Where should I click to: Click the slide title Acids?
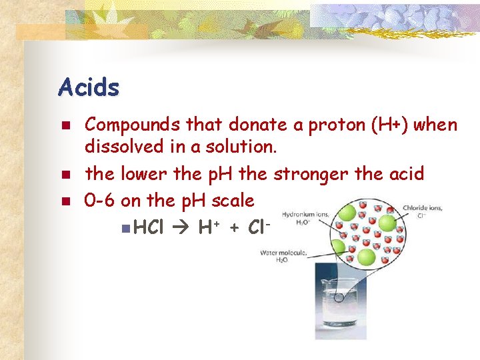pyautogui.click(x=89, y=87)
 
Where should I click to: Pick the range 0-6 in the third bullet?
pyautogui.click(x=99, y=200)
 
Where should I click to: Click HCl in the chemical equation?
pyautogui.click(x=148, y=228)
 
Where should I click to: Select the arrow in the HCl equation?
pyautogui.click(x=182, y=228)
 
